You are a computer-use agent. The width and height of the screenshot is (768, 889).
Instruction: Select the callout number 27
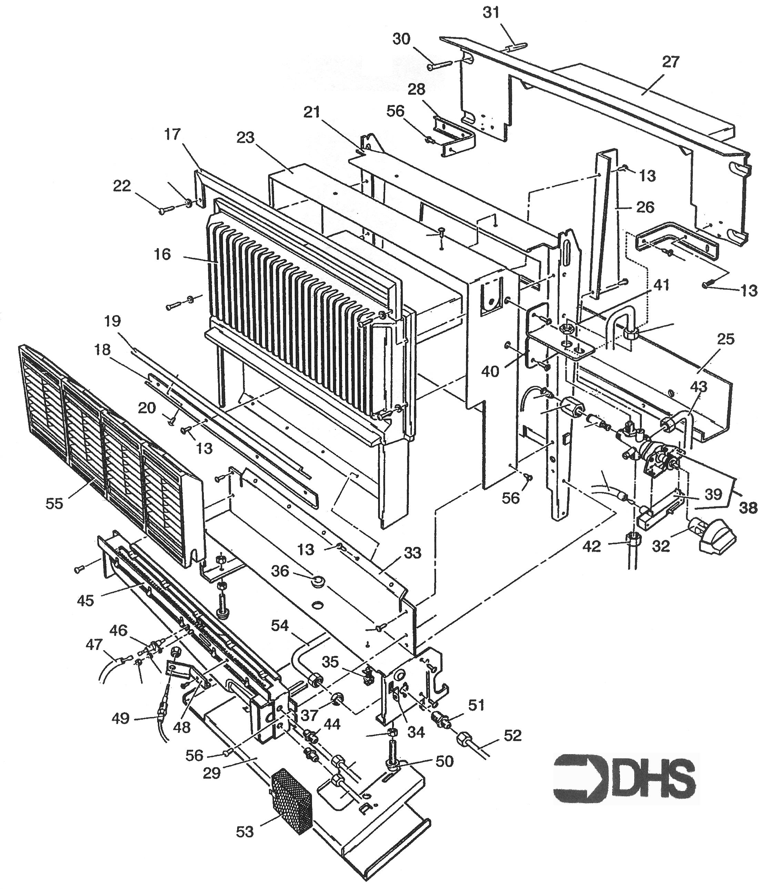click(x=670, y=62)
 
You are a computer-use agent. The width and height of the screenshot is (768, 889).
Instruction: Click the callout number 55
click(x=54, y=503)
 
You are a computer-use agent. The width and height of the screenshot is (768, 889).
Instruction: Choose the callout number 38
click(x=748, y=508)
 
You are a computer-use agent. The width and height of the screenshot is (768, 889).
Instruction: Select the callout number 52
click(x=512, y=735)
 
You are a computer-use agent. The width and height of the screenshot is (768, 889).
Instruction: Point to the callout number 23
click(x=245, y=138)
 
